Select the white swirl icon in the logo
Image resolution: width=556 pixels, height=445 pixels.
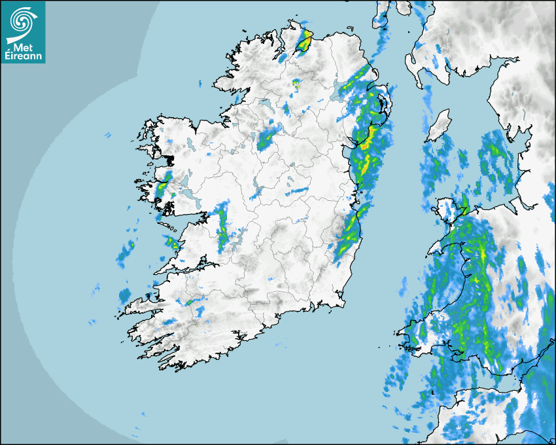[x=22, y=21]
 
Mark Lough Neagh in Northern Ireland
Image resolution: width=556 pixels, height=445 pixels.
[x=341, y=92]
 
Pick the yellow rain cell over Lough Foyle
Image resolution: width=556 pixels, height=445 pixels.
[x=304, y=43]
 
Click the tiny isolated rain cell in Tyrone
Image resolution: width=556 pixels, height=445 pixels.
[x=296, y=84]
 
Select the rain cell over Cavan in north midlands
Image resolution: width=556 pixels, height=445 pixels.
[x=266, y=139]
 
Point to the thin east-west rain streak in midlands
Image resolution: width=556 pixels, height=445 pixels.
[x=298, y=190]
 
